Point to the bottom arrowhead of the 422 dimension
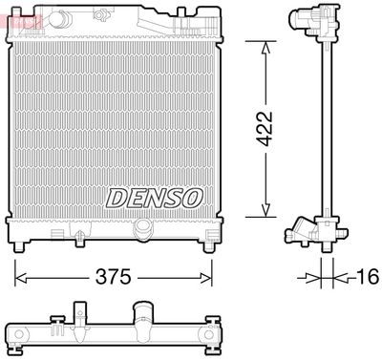tap(265, 212)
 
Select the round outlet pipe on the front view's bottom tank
tap(143, 228)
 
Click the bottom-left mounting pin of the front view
tap(18, 249)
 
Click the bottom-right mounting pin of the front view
tap(209, 249)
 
